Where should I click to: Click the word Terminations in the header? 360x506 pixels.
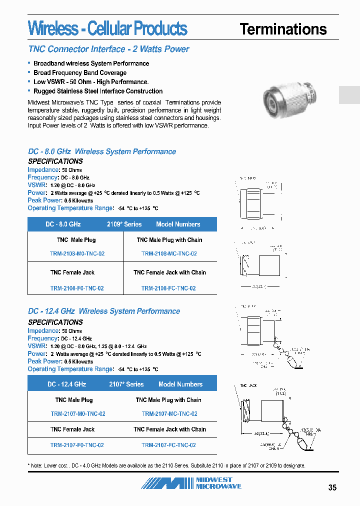click(x=283, y=29)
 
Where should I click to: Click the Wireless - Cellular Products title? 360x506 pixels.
click(x=107, y=28)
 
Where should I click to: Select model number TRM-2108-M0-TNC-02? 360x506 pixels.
click(x=77, y=253)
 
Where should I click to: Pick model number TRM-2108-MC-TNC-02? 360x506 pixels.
click(x=169, y=253)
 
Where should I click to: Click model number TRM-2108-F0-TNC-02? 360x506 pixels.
click(x=77, y=288)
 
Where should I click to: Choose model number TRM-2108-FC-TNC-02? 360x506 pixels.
click(x=168, y=288)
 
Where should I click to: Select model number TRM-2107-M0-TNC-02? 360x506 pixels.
click(x=78, y=413)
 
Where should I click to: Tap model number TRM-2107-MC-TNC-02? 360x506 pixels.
click(x=169, y=413)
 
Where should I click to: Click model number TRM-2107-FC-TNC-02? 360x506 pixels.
click(x=168, y=444)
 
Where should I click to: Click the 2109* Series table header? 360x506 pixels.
click(x=124, y=224)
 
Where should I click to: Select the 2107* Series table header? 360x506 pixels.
click(x=126, y=384)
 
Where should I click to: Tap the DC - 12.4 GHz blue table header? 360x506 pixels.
click(x=67, y=384)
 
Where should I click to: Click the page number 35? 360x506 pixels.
click(x=332, y=487)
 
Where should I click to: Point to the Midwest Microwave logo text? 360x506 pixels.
click(x=218, y=483)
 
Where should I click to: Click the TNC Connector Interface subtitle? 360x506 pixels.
click(x=108, y=49)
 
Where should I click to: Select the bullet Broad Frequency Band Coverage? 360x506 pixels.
click(x=80, y=72)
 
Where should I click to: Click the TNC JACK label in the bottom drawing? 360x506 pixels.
click(x=248, y=385)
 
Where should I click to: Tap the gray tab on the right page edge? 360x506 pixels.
click(x=349, y=95)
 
